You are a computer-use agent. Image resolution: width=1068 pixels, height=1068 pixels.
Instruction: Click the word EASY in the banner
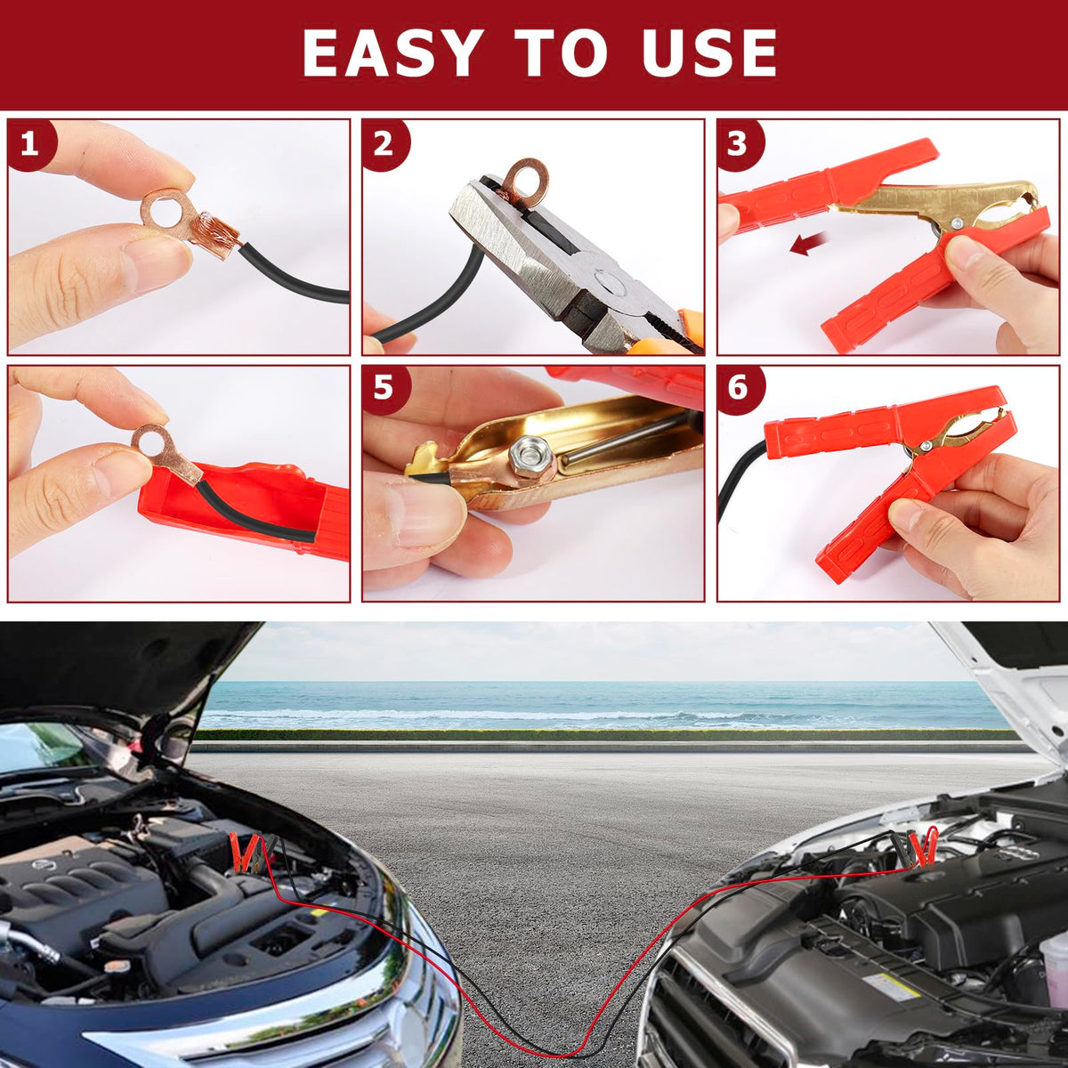(x=391, y=53)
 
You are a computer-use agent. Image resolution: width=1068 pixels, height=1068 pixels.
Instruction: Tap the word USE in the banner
(x=709, y=53)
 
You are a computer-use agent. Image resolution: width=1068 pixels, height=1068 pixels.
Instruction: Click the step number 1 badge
(x=30, y=146)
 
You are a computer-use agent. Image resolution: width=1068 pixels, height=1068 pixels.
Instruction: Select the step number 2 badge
(x=385, y=146)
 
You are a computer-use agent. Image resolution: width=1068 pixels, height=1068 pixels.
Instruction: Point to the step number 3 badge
(x=740, y=145)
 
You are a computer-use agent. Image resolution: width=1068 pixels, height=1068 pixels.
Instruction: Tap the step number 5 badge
(x=385, y=390)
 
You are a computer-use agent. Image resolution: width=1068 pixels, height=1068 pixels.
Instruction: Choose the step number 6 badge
(x=740, y=390)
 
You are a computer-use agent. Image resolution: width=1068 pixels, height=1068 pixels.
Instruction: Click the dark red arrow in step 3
(x=809, y=243)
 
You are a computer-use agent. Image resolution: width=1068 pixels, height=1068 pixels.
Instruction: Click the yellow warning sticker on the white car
(x=893, y=984)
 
